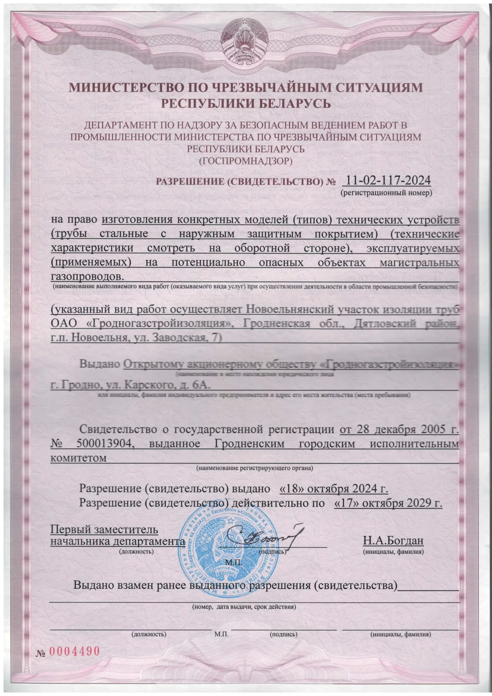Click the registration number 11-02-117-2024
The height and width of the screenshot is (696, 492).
pyautogui.click(x=386, y=181)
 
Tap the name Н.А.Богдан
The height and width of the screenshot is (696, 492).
pyautogui.click(x=393, y=540)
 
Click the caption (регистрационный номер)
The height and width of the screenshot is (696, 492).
pyautogui.click(x=386, y=193)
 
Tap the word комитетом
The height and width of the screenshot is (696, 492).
pyautogui.click(x=79, y=458)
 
